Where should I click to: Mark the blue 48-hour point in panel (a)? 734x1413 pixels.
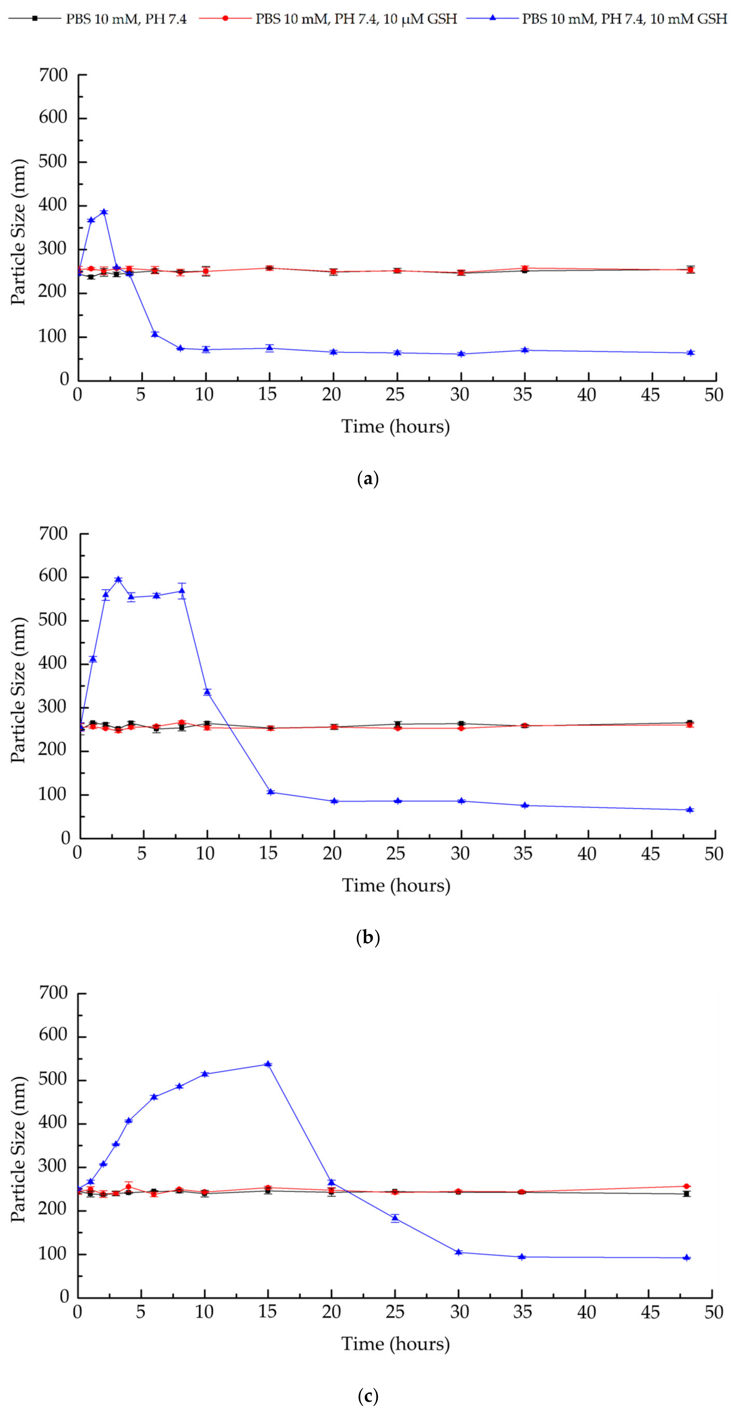pyautogui.click(x=691, y=353)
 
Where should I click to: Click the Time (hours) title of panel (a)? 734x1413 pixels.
pyautogui.click(x=396, y=426)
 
